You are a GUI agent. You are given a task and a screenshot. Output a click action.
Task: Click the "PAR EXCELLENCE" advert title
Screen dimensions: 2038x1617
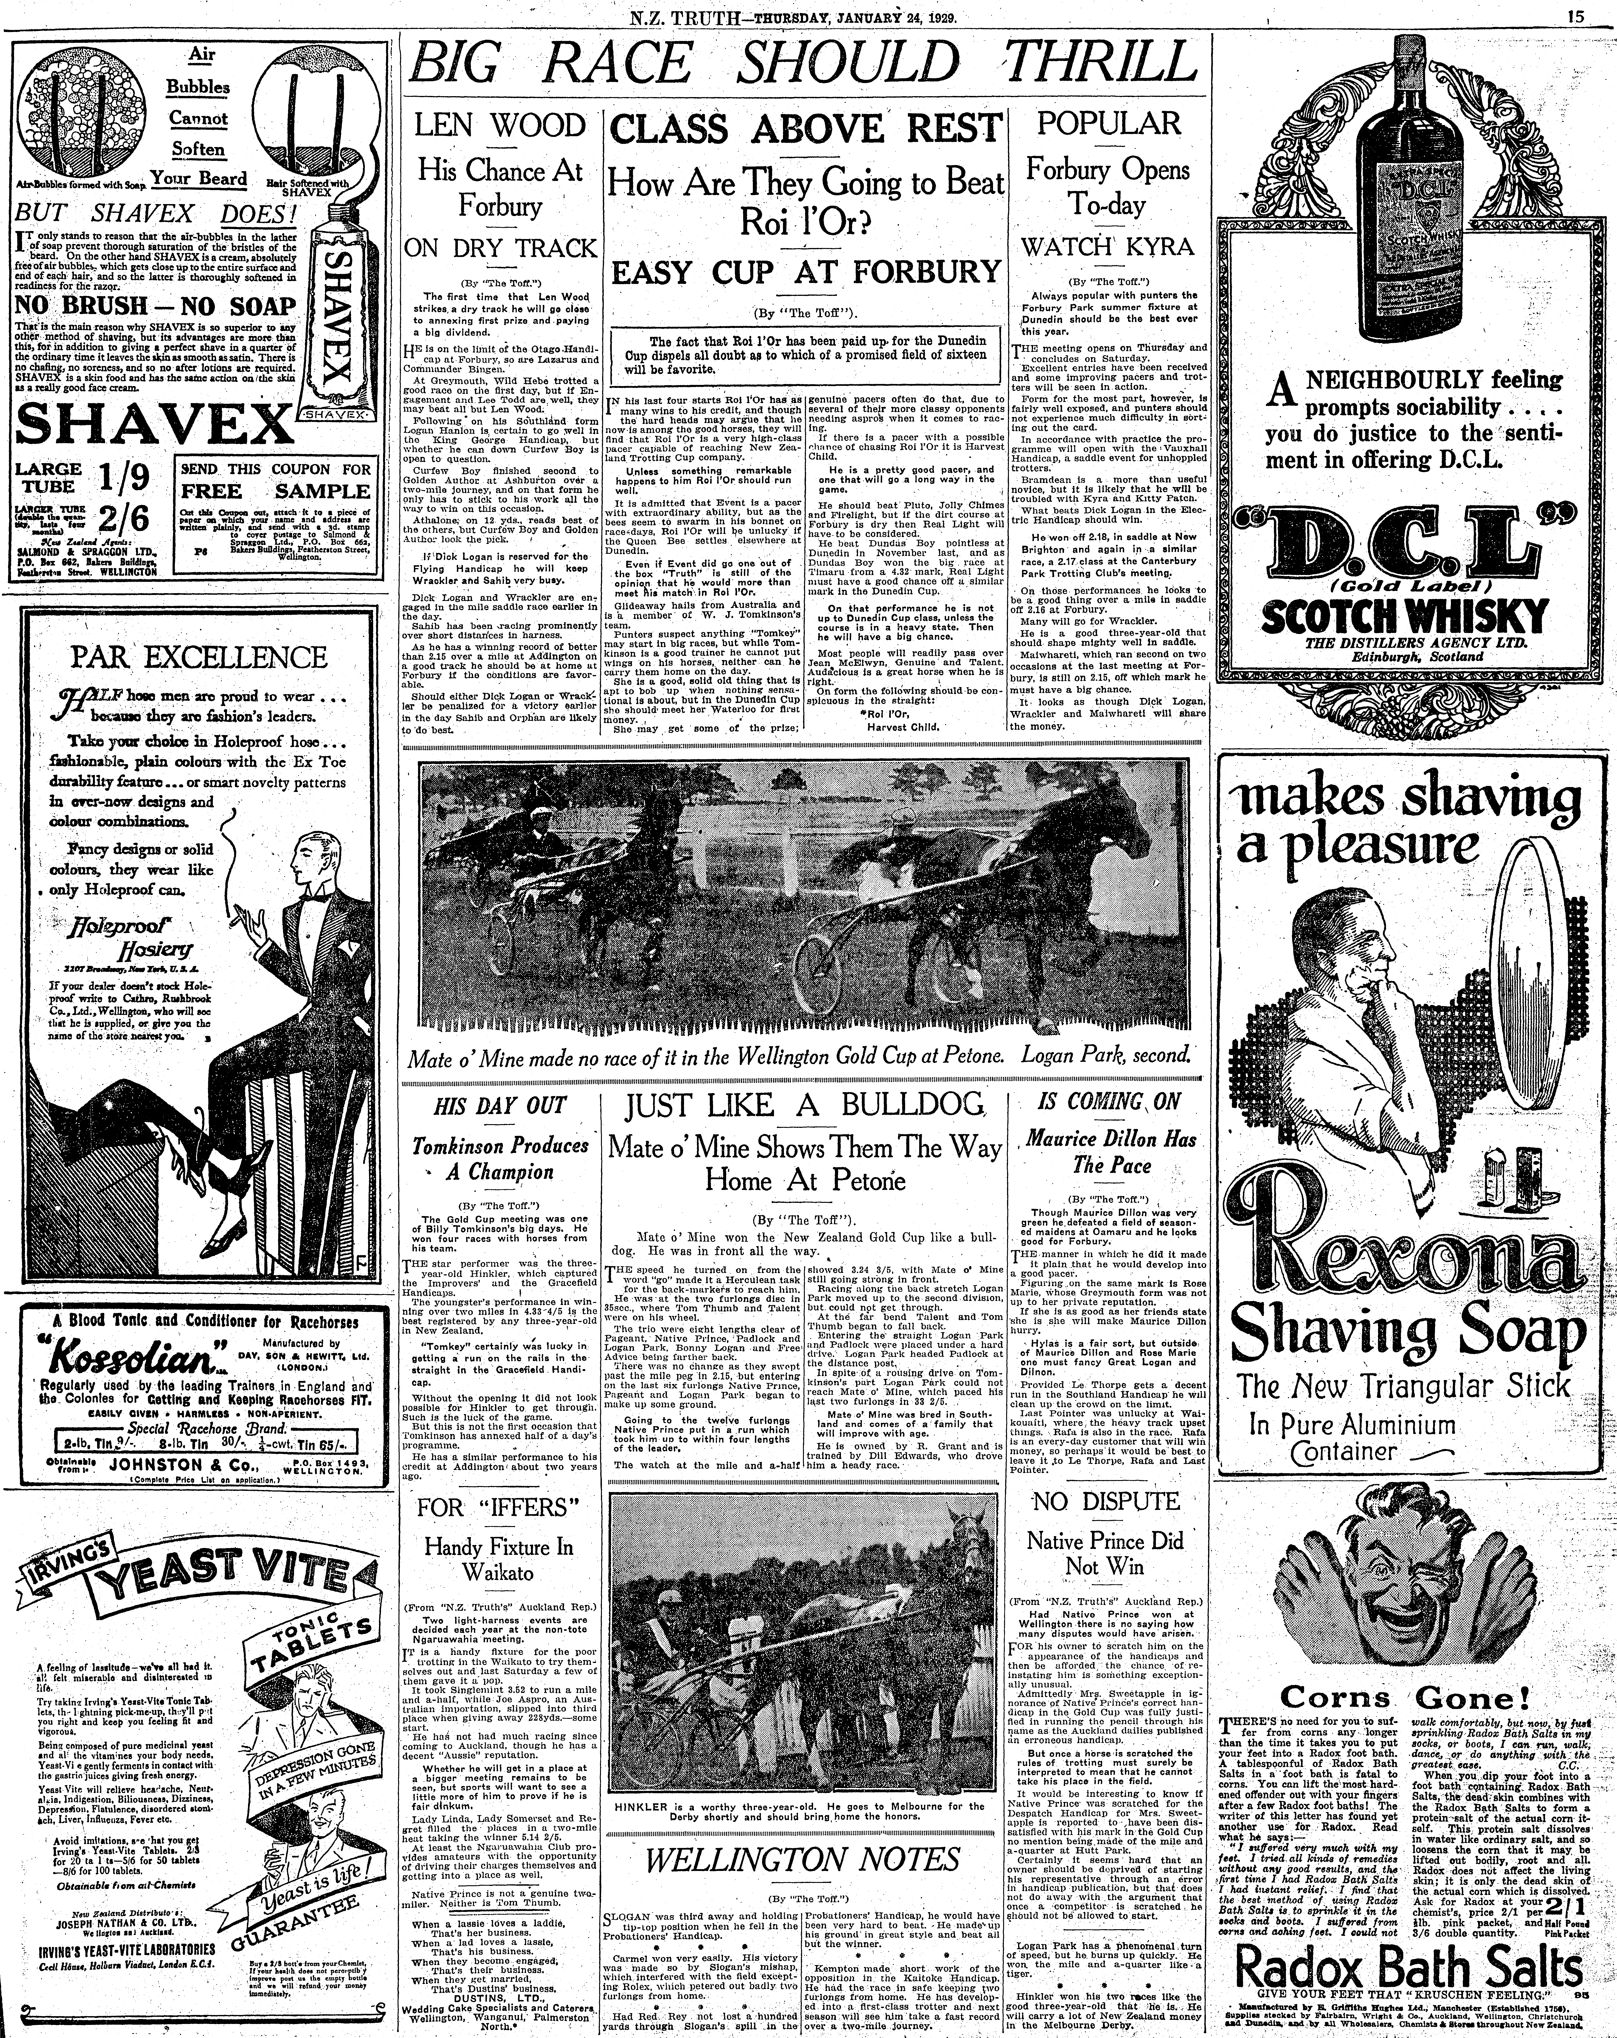(199, 656)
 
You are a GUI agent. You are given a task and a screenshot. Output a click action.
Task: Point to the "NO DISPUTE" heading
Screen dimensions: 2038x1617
(1106, 1501)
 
